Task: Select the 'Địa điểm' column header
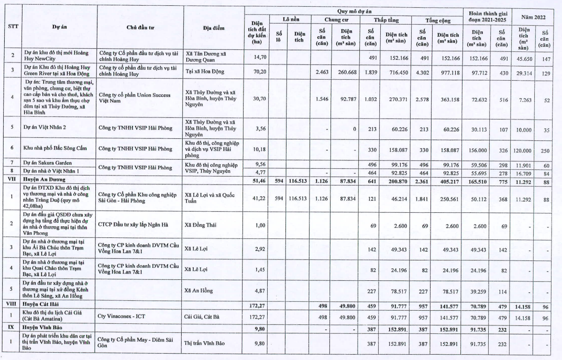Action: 214,27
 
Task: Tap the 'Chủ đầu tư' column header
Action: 139,27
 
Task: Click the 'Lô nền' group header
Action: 291,20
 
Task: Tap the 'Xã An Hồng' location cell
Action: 200,290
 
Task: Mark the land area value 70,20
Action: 256,74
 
